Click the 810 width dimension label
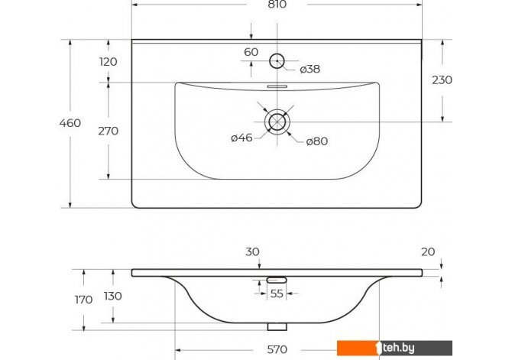pos(277,5)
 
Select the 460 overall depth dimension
pos(70,123)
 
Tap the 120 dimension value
pos(108,62)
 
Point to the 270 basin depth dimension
pos(108,131)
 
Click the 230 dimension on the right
pos(442,80)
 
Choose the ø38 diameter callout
pos(310,70)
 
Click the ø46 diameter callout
pos(241,138)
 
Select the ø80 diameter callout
pos(316,141)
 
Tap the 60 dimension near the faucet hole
pos(251,52)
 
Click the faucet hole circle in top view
pos(277,54)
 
